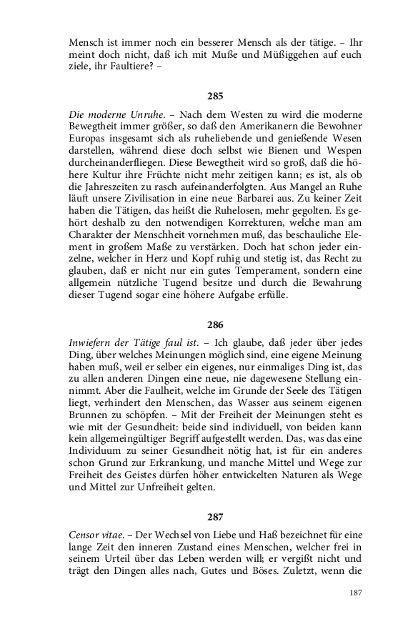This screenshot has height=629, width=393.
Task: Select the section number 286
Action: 215,324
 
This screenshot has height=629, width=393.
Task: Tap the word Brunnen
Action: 89,412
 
